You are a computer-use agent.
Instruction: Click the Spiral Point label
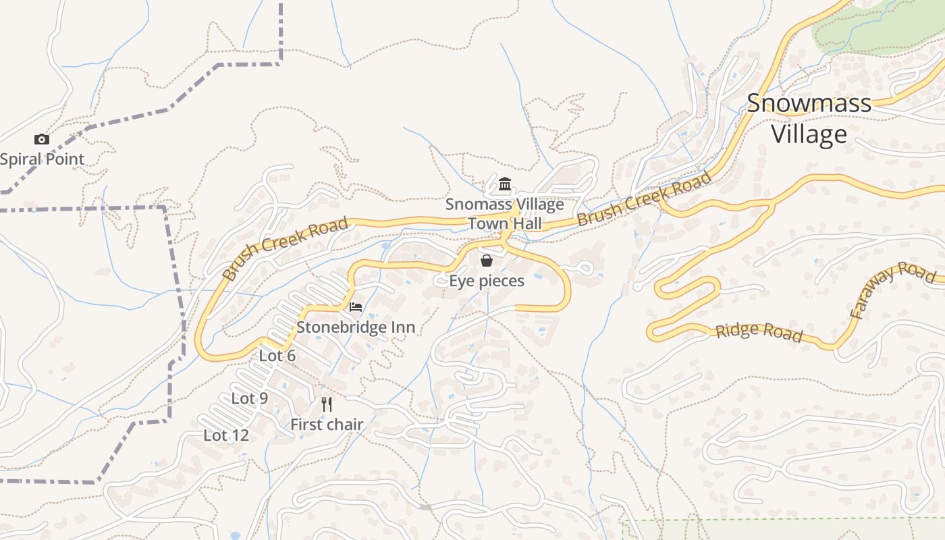pyautogui.click(x=42, y=159)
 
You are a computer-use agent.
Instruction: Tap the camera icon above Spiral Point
pyautogui.click(x=42, y=140)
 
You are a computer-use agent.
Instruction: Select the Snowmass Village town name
pyautogui.click(x=809, y=119)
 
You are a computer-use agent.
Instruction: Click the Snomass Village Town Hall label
pyautogui.click(x=504, y=213)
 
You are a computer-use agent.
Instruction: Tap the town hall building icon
pyautogui.click(x=504, y=184)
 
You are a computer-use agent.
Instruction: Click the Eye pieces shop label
pyautogui.click(x=487, y=281)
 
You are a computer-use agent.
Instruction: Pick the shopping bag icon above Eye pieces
pyautogui.click(x=486, y=261)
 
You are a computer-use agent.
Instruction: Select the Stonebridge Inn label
pyautogui.click(x=356, y=327)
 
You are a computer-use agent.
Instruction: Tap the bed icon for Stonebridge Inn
pyautogui.click(x=356, y=307)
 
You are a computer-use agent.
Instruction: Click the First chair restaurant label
pyautogui.click(x=327, y=425)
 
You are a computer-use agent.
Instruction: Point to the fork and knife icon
pyautogui.click(x=327, y=404)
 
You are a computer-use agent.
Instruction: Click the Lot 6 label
pyautogui.click(x=277, y=355)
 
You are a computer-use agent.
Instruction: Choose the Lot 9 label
pyautogui.click(x=250, y=398)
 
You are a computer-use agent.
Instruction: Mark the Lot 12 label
pyautogui.click(x=226, y=435)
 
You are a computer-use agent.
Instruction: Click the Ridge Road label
pyautogui.click(x=759, y=331)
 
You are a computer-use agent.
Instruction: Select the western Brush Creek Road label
pyautogui.click(x=285, y=248)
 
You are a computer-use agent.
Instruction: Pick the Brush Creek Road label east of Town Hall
pyautogui.click(x=644, y=198)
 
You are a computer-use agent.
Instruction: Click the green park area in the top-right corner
pyautogui.click(x=878, y=27)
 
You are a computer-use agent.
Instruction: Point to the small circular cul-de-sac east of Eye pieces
pyautogui.click(x=585, y=269)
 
